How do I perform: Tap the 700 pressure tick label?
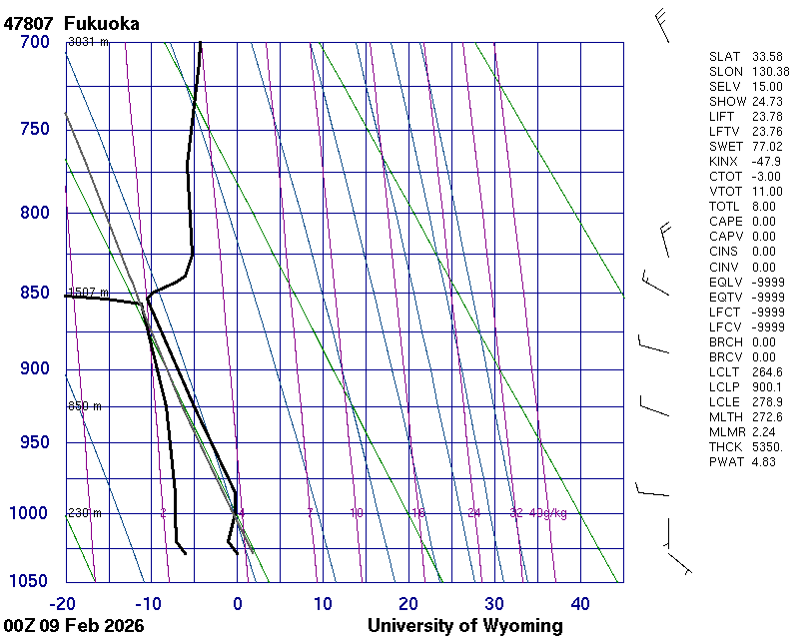(x=34, y=42)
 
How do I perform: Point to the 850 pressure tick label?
(x=34, y=293)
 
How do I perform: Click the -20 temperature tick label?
(x=63, y=603)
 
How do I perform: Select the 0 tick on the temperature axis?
(x=237, y=603)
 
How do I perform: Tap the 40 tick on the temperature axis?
(x=580, y=603)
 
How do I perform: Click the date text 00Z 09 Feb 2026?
(x=74, y=626)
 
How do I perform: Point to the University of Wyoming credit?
(x=464, y=626)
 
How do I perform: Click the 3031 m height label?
(x=87, y=42)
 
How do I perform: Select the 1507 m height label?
(x=87, y=293)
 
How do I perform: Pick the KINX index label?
(x=725, y=162)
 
